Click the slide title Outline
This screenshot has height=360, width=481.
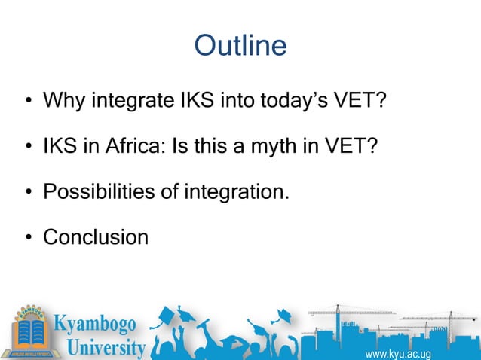pyautogui.click(x=240, y=46)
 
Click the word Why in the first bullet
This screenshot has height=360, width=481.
pyautogui.click(x=64, y=100)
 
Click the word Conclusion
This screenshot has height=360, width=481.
pyautogui.click(x=96, y=238)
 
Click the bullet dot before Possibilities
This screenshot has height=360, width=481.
pyautogui.click(x=27, y=194)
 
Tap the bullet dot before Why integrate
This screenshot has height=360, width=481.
pyautogui.click(x=27, y=102)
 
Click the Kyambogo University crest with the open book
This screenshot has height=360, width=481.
pyautogui.click(x=29, y=331)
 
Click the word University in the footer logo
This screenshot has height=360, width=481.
pyautogui.click(x=106, y=348)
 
